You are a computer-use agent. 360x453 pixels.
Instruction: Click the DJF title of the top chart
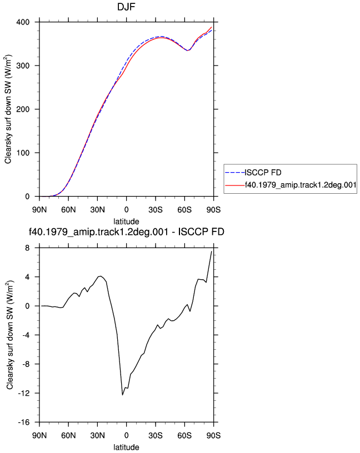[126, 7]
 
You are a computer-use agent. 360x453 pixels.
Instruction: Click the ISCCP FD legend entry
[263, 173]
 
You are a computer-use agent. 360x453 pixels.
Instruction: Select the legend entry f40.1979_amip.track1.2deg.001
[301, 185]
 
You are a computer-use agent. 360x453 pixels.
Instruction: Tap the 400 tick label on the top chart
[23, 22]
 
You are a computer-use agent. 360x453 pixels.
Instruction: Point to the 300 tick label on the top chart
[23, 66]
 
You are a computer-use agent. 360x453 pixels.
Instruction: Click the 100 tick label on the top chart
[23, 153]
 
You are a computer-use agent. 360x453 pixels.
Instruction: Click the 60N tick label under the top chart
[68, 210]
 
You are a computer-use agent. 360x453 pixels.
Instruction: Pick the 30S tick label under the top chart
[156, 210]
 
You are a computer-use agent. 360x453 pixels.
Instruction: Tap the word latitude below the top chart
[126, 222]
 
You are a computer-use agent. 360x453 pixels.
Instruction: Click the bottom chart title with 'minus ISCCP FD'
[126, 231]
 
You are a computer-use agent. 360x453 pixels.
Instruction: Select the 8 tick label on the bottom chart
[27, 248]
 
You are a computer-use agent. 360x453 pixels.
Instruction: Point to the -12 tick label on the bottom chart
[24, 393]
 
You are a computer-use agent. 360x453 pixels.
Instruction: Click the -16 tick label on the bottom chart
[24, 422]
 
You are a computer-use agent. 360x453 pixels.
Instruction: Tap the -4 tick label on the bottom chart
[26, 335]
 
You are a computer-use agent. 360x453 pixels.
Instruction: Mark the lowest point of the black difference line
[122, 395]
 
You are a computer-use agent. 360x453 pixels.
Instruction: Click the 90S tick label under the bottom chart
[213, 436]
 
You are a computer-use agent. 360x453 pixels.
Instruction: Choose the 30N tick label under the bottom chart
[97, 436]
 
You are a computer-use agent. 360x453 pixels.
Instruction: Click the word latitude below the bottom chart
[126, 447]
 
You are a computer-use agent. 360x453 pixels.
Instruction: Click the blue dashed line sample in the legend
[235, 173]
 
